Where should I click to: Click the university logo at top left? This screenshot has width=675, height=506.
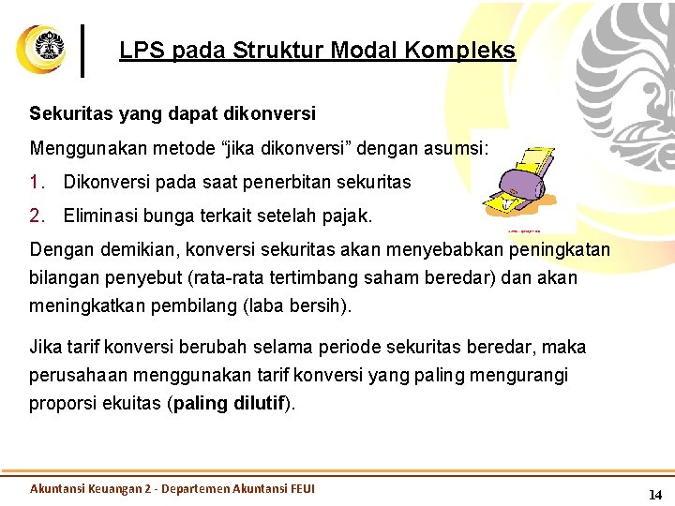pos(40,49)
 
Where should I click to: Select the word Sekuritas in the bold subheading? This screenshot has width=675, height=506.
pos(67,113)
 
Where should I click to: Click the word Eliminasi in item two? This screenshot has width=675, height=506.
pos(98,216)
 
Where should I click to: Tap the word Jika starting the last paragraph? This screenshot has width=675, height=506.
pos(46,348)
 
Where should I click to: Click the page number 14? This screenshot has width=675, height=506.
pos(655,494)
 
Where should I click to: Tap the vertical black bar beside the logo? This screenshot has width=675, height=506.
pos(84,50)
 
